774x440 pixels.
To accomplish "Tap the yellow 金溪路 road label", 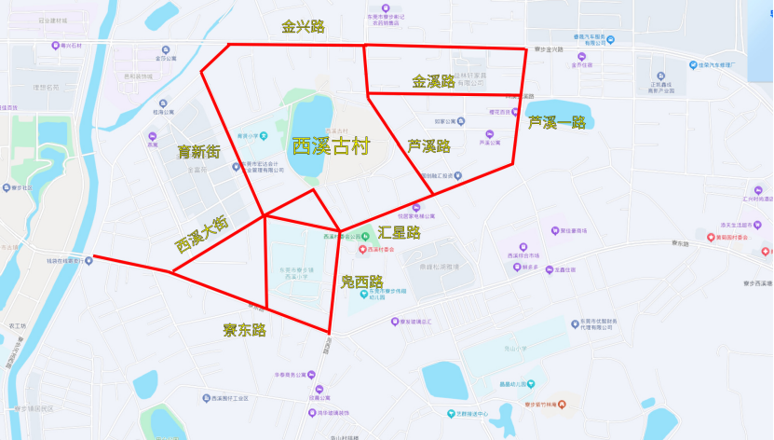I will tap(433, 82).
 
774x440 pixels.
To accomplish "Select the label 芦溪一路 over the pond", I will tap(556, 122).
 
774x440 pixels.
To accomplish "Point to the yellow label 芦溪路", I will tap(428, 146).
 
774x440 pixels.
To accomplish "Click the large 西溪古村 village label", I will tap(331, 146).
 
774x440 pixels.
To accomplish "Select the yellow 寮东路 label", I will tap(244, 330).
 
